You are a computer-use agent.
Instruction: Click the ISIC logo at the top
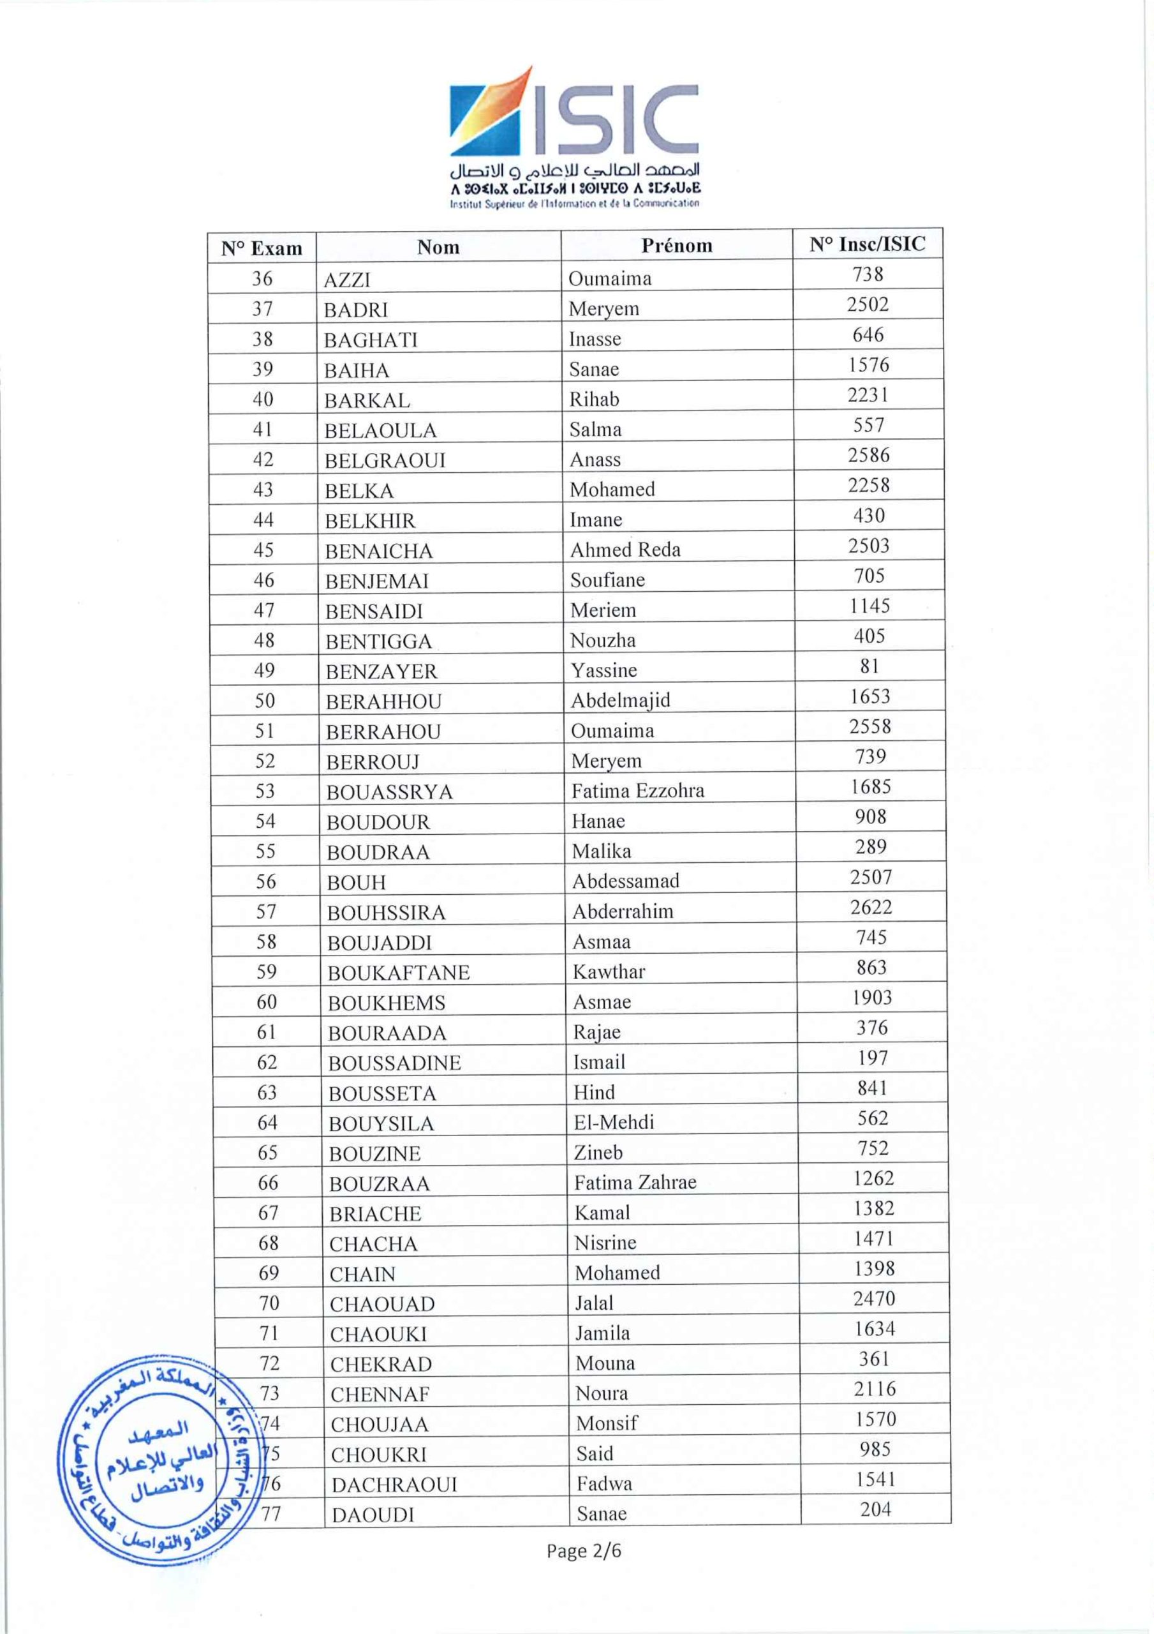(x=574, y=137)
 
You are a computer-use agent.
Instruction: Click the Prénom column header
(x=676, y=246)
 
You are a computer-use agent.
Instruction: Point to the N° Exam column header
(x=261, y=248)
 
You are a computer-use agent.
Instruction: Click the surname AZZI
(x=347, y=280)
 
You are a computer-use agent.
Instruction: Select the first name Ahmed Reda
(x=625, y=550)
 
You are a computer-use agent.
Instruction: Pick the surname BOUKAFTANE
(x=399, y=973)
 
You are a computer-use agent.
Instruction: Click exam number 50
(x=265, y=701)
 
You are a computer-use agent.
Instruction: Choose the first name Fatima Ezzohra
(x=637, y=791)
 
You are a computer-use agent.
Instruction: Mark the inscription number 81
(x=869, y=666)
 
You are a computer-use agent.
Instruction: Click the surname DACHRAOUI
(x=394, y=1485)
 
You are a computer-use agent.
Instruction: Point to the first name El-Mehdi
(x=613, y=1122)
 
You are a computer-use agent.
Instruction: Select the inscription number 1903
(x=871, y=998)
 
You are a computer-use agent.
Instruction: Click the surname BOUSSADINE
(x=394, y=1063)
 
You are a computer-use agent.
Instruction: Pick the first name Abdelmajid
(x=621, y=700)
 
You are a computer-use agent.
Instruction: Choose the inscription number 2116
(x=875, y=1388)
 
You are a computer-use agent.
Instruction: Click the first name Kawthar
(x=609, y=971)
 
